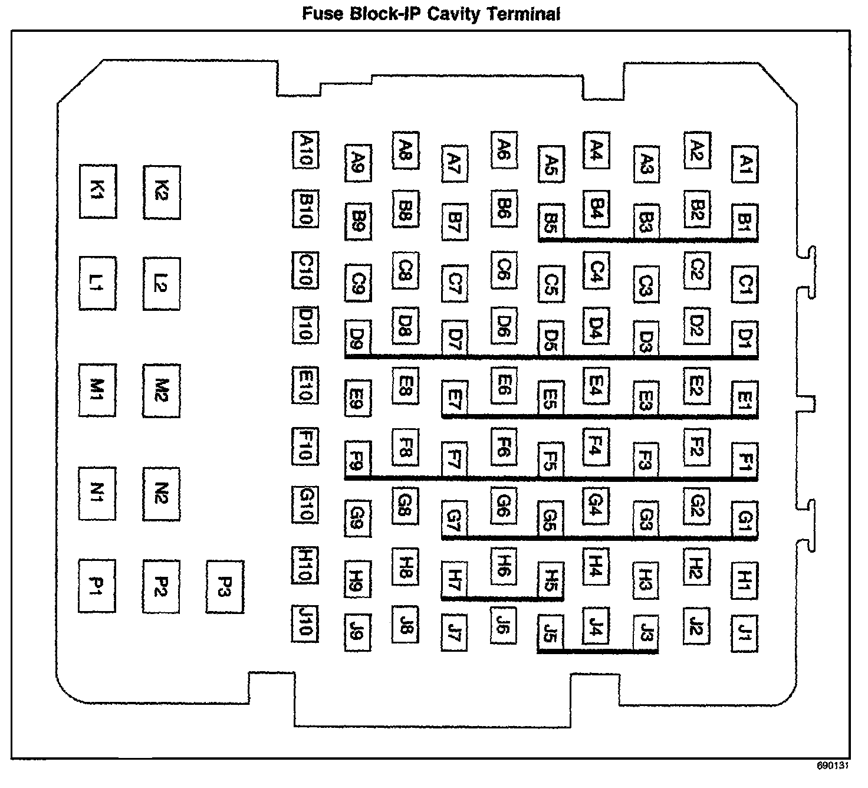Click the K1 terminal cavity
[x=98, y=192]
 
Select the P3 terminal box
[x=225, y=587]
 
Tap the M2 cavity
[x=162, y=390]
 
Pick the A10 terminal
[x=305, y=150]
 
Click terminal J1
[x=744, y=633]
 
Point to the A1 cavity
[x=744, y=164]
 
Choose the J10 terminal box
[x=305, y=623]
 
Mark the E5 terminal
[x=550, y=398]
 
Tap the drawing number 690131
[x=832, y=766]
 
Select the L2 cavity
[x=162, y=284]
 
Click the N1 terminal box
[x=97, y=494]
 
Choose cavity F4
[x=596, y=446]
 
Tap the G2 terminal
[x=697, y=505]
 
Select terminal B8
[x=406, y=209]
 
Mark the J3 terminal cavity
[x=646, y=633]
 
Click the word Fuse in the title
[x=322, y=14]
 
